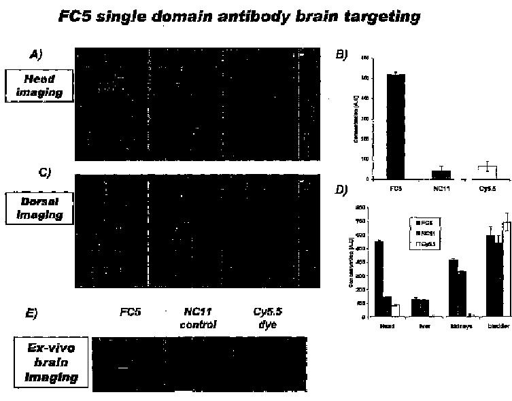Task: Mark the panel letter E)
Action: tap(32, 313)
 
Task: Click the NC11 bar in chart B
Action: tap(441, 175)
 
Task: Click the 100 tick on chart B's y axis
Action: tap(366, 159)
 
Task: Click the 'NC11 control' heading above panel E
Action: tap(200, 318)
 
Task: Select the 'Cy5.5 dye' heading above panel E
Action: tap(265, 318)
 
